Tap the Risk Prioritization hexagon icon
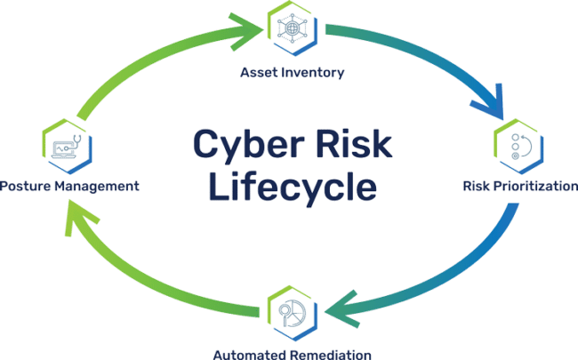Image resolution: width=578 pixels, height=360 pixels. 515,148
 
